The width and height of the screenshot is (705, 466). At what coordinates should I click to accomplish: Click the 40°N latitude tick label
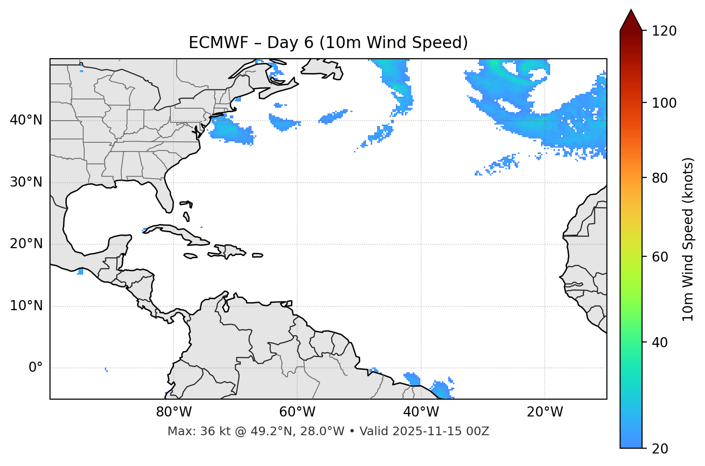point(26,120)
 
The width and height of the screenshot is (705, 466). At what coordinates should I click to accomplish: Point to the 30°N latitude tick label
point(26,182)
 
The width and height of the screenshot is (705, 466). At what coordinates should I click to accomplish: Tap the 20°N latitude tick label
point(26,244)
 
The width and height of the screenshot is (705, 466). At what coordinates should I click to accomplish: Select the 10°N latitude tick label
point(26,306)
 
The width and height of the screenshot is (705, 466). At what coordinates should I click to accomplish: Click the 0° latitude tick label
point(36,368)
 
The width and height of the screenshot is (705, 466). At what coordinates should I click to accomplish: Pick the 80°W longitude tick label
point(174,412)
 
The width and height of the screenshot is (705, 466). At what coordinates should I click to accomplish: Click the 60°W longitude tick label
point(297,412)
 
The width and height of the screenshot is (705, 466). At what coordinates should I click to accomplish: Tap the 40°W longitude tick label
point(421,412)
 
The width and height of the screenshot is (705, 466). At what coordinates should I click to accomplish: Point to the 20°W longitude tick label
point(544,412)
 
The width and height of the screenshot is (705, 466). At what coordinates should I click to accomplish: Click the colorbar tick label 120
point(664,31)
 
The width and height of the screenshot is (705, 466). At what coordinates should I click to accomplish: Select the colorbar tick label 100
point(664,103)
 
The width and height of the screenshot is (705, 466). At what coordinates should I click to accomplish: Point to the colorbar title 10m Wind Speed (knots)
point(688,239)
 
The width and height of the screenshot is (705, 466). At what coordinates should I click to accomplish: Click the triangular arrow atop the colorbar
point(631,21)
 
